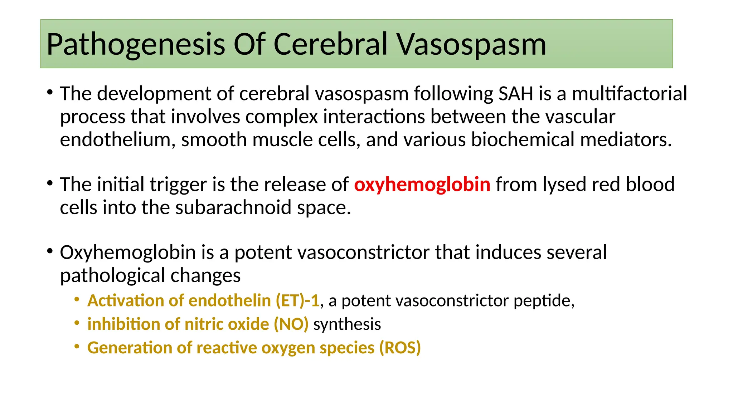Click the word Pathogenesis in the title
tap(136, 45)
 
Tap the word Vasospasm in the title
tap(472, 45)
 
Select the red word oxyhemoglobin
tap(422, 185)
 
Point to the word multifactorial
tap(629, 94)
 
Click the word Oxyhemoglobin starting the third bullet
tap(128, 253)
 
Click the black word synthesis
tap(347, 324)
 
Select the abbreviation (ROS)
tap(400, 348)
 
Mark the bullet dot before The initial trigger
tap(50, 183)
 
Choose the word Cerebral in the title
tap(331, 45)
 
